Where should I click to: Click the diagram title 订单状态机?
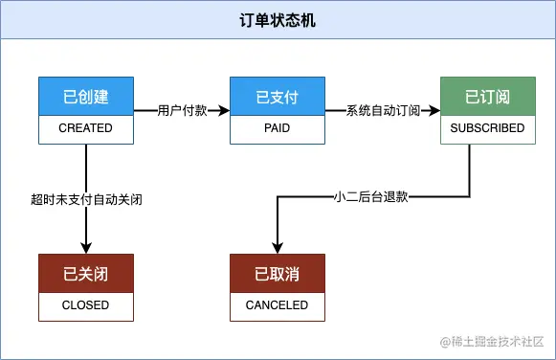click(278, 21)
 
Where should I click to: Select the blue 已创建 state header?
click(86, 97)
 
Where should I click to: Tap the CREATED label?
click(86, 128)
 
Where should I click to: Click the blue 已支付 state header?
click(278, 97)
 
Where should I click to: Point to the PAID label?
click(278, 128)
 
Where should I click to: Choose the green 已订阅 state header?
click(487, 97)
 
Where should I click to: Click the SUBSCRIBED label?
click(487, 128)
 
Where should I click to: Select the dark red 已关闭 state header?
click(86, 274)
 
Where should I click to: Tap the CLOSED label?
click(86, 305)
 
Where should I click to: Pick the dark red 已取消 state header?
click(278, 274)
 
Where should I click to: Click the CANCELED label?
click(278, 305)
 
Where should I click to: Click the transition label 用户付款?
click(182, 111)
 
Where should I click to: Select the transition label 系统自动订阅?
click(383, 111)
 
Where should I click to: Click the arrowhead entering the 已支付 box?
click(225, 111)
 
